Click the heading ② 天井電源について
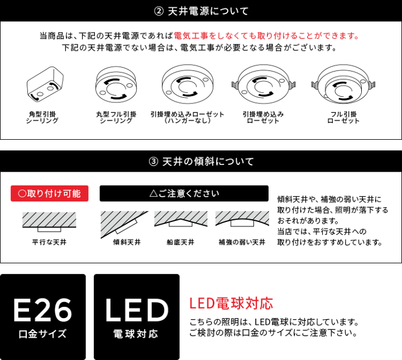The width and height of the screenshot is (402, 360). coord(200,11)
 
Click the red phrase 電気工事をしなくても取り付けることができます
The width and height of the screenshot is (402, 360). coord(266,36)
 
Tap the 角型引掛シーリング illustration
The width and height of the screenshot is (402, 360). coord(43,86)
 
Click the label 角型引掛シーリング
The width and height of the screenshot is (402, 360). coord(43,117)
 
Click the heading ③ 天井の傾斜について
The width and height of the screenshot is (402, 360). coord(200,162)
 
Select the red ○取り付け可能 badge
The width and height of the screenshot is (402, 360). coord(49,193)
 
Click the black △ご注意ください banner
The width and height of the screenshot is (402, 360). coord(184,193)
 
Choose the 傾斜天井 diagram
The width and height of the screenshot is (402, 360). coord(124,222)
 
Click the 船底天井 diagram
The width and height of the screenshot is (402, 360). coord(181,220)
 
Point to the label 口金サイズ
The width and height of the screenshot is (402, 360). coord(42,334)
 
